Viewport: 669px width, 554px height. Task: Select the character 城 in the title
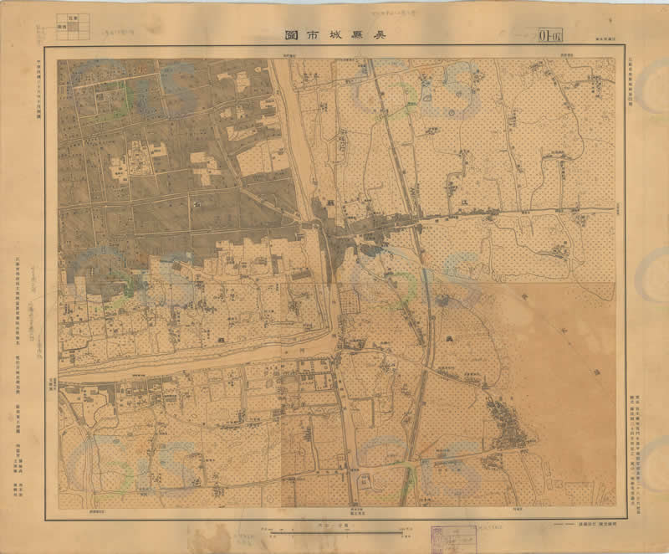pyautogui.click(x=336, y=37)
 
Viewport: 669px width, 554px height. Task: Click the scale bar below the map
pyautogui.click(x=334, y=530)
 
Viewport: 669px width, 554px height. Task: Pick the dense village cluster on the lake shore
pyautogui.click(x=510, y=427)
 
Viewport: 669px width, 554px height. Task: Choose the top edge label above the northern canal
pyautogui.click(x=289, y=54)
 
